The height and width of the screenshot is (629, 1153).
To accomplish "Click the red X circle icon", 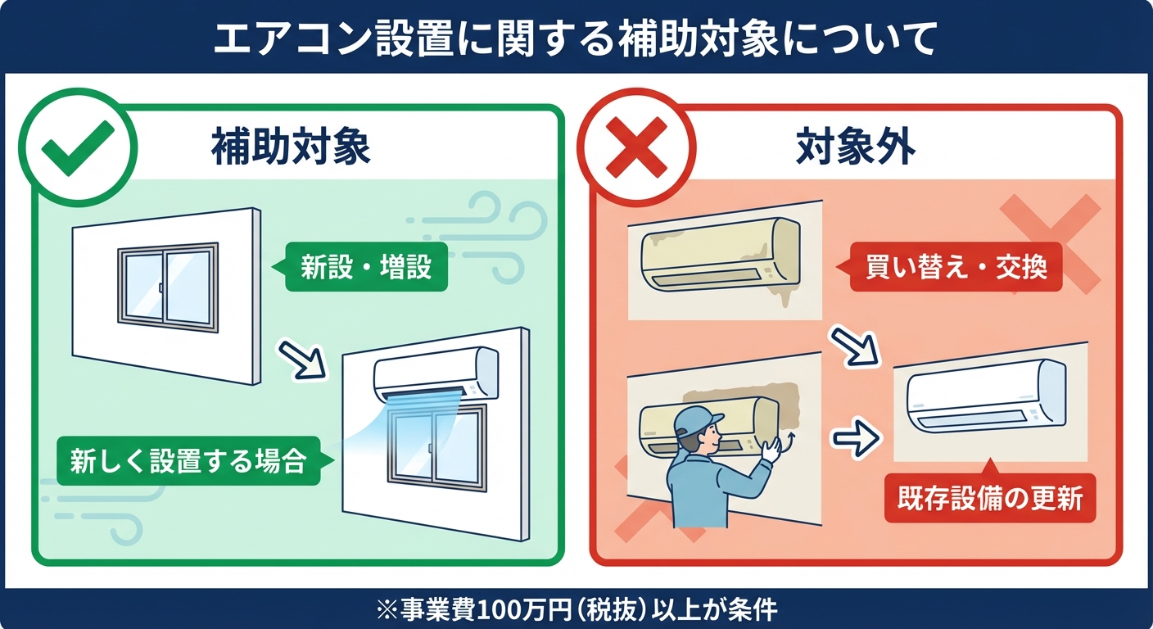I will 635,148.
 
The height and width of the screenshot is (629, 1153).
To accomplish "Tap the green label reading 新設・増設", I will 365,267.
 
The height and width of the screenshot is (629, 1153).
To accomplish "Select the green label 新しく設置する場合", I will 188,461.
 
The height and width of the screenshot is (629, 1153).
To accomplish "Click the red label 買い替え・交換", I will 956,267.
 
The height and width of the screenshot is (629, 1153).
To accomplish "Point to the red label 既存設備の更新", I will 989,499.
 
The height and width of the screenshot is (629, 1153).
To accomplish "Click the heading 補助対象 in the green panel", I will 292,148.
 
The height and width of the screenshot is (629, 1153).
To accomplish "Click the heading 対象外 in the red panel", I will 856,148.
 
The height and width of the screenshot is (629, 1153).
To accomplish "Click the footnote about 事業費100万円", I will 576,610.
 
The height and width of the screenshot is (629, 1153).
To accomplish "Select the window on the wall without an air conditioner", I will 168,286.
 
